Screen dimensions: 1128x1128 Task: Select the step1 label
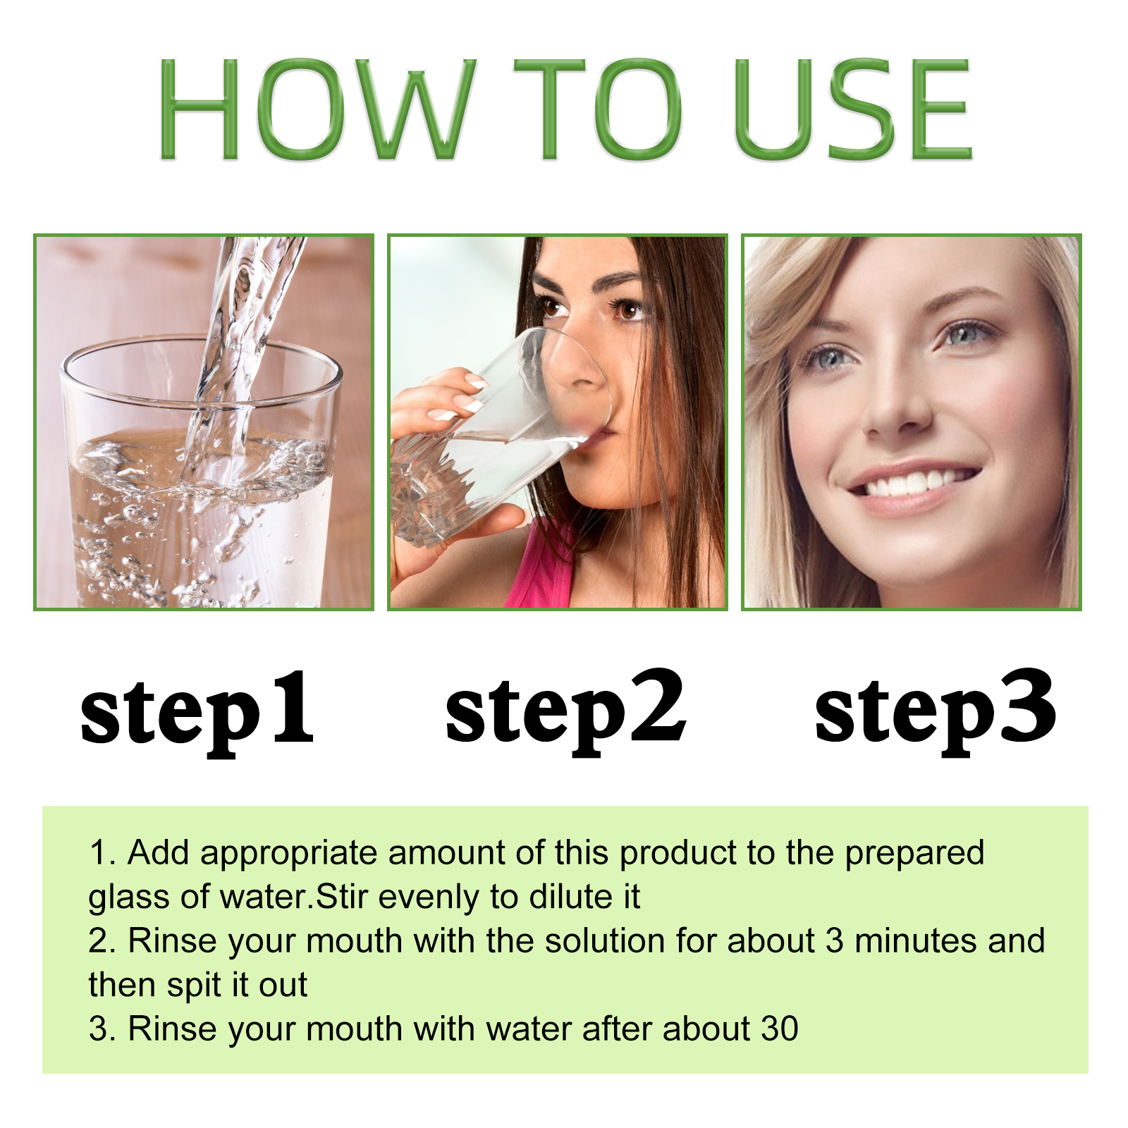tap(197, 713)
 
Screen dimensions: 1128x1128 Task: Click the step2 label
tap(566, 712)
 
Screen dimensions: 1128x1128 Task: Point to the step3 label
tap(936, 712)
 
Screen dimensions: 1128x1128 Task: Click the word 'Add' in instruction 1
tap(159, 852)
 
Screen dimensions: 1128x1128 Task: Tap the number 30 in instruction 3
tap(780, 1029)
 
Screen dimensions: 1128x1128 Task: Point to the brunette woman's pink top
tap(543, 575)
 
